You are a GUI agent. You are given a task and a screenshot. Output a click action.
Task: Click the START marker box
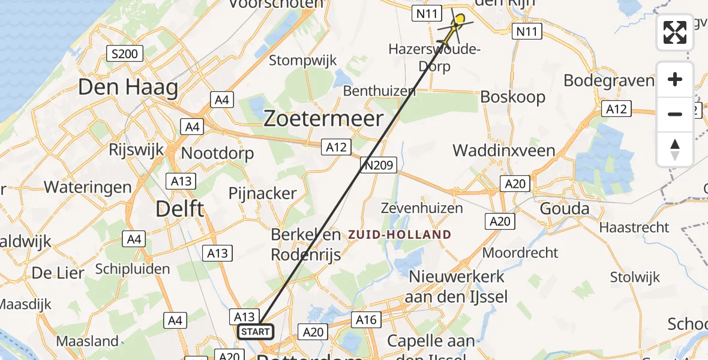256,332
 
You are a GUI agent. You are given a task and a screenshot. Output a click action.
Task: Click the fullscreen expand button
675,32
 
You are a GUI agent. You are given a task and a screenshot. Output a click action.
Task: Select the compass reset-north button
675,149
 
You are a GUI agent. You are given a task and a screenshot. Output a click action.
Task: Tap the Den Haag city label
128,88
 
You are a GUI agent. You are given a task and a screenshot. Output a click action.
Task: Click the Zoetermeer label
323,119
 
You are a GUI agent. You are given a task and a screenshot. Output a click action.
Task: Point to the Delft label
179,209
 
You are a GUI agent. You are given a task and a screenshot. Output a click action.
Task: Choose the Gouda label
564,209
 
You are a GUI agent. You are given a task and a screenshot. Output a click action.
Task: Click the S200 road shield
124,54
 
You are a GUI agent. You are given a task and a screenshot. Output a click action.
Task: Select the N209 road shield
378,164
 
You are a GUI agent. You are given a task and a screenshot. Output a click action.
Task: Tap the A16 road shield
365,320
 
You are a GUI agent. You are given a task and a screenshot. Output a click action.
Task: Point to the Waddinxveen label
504,150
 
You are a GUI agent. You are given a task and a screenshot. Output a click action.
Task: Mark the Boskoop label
513,97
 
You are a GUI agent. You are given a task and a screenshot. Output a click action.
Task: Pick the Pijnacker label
262,193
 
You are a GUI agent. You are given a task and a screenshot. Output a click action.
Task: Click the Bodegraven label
609,80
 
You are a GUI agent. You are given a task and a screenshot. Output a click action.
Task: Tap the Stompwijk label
302,61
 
